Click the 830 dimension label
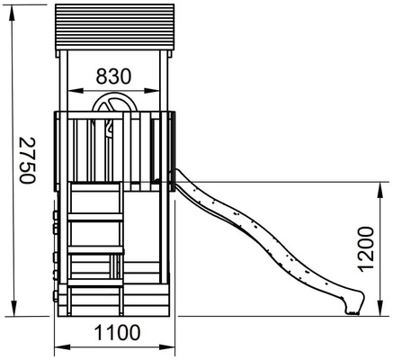click(113, 76)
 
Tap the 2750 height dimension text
click(27, 160)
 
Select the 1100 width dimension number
click(117, 332)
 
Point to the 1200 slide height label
click(366, 249)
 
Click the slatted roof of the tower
click(114, 27)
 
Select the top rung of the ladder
click(96, 217)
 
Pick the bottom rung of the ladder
click(95, 283)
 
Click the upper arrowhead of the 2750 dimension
click(12, 13)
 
